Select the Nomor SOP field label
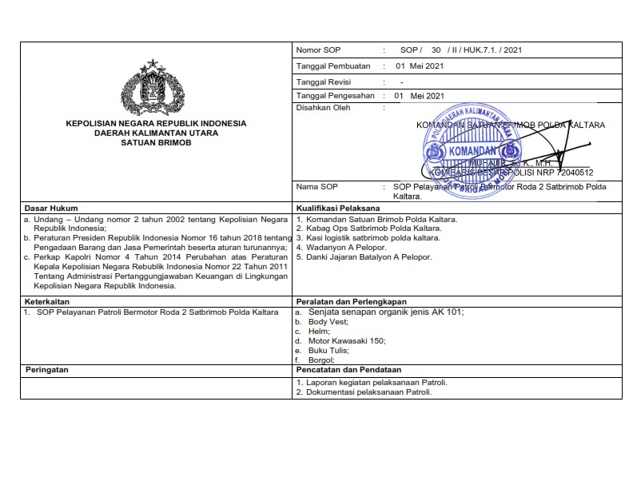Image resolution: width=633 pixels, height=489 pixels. [x=318, y=50]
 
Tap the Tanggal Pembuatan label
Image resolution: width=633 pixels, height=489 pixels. [x=333, y=66]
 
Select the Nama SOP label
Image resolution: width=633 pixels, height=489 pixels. [x=317, y=187]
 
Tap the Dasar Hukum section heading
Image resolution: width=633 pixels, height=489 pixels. [x=47, y=208]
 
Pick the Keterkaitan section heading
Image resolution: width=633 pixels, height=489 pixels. [x=46, y=301]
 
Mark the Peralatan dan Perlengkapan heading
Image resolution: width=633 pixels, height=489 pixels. [x=351, y=301]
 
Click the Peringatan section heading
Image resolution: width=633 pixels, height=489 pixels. [x=47, y=371]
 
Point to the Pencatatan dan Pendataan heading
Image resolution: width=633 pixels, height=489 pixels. [x=348, y=371]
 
